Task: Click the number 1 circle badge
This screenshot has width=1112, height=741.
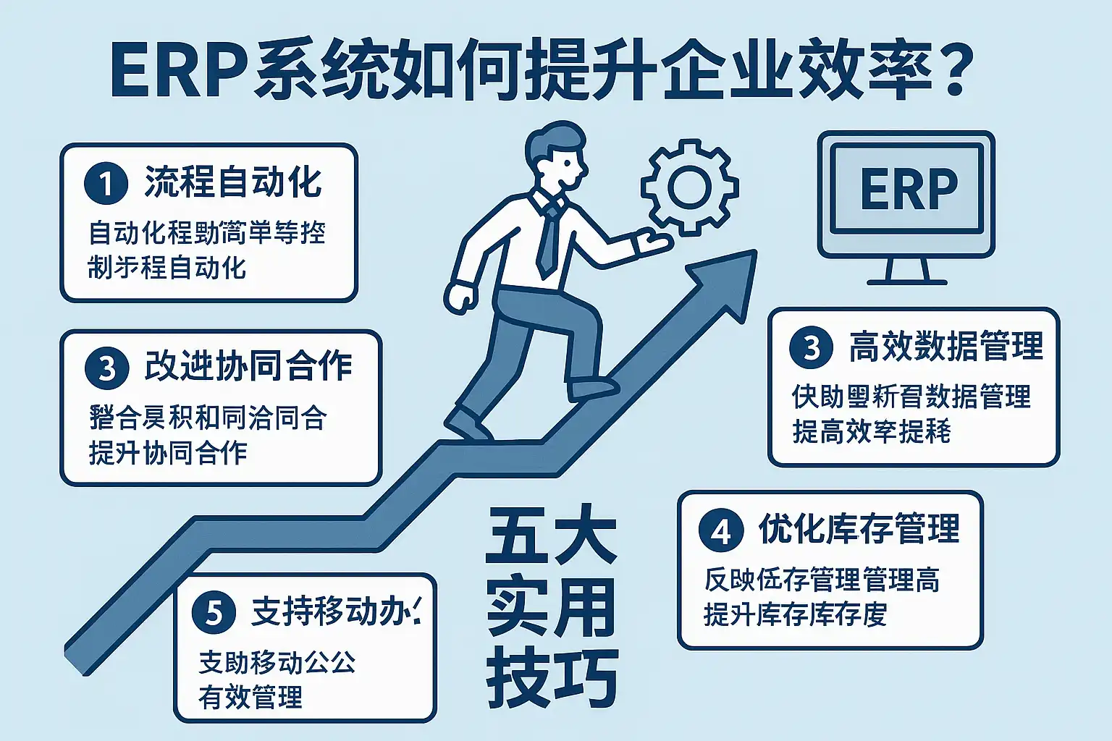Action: click(x=106, y=184)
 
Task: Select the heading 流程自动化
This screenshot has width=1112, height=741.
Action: click(x=233, y=182)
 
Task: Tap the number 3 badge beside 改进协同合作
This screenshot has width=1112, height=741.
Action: click(x=106, y=368)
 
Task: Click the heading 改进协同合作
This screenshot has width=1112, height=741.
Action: click(x=248, y=367)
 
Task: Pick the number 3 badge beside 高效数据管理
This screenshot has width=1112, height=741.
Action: click(x=812, y=348)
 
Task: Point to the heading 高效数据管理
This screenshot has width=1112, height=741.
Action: click(x=945, y=347)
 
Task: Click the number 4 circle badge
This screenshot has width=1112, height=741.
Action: click(x=720, y=531)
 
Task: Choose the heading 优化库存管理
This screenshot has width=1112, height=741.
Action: click(x=859, y=530)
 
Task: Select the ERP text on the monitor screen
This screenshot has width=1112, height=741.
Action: click(x=909, y=190)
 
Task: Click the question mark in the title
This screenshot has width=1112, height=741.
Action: click(x=947, y=72)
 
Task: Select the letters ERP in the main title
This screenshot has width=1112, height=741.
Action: click(x=177, y=72)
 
